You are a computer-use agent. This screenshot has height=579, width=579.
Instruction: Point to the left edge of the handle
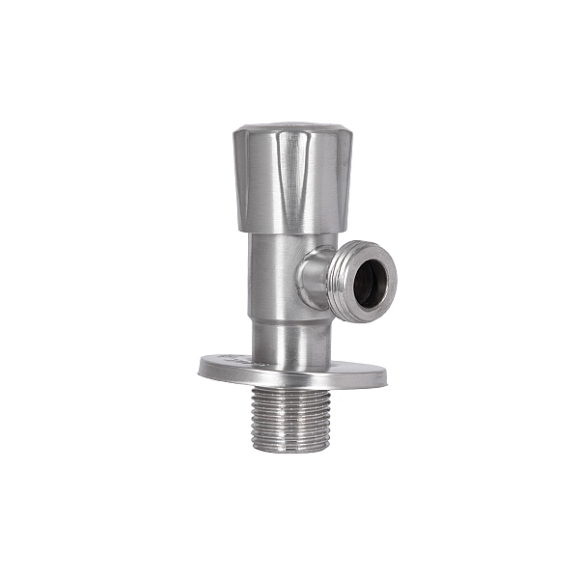tap(235, 179)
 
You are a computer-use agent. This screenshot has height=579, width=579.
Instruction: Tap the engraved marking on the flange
tap(236, 360)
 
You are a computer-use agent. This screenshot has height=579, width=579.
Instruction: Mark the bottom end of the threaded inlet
tap(290, 447)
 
